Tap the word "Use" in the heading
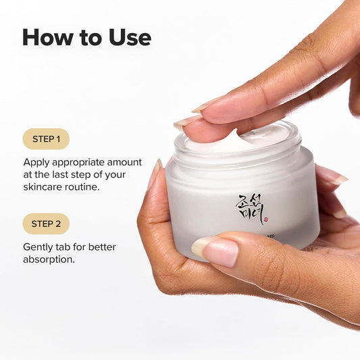[126, 37]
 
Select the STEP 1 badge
[46, 139]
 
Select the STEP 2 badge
[46, 224]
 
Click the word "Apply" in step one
[37, 162]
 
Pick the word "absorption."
[50, 259]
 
